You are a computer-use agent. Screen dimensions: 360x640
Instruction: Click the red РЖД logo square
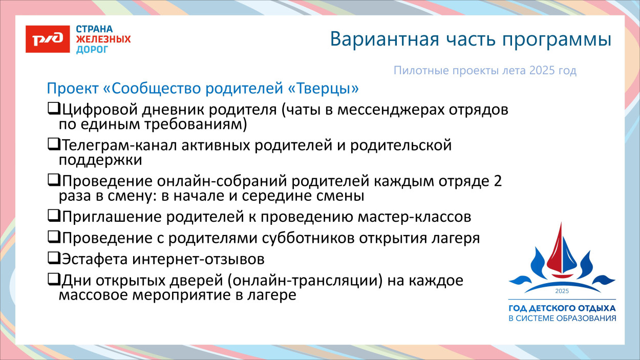point(48,39)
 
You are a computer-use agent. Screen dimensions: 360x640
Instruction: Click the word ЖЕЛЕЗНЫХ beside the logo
point(103,39)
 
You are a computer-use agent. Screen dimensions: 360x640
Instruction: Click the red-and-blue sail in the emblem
point(561,251)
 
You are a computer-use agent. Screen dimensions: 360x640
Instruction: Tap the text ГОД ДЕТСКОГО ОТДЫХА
point(562,309)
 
